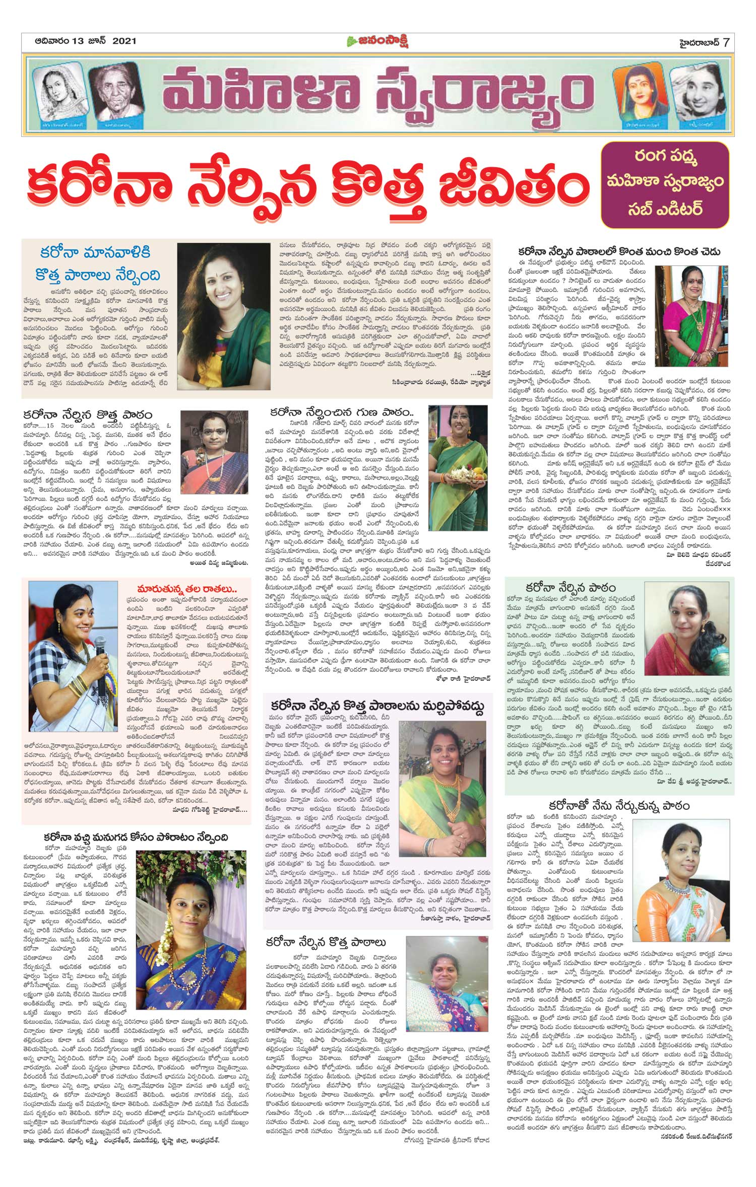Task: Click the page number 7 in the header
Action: pyautogui.click(x=726, y=42)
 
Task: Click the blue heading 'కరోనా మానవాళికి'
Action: pyautogui.click(x=95, y=253)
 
